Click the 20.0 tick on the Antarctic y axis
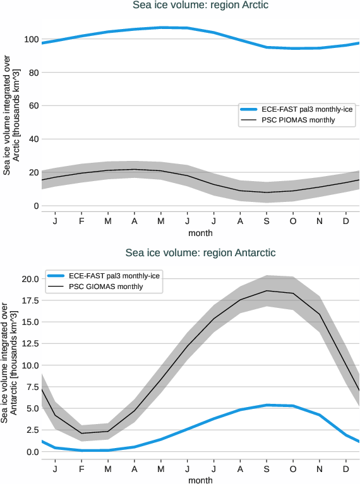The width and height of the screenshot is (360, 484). click(x=29, y=279)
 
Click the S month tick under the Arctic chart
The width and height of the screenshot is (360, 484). click(x=267, y=221)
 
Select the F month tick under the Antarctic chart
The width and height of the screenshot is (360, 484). click(x=81, y=469)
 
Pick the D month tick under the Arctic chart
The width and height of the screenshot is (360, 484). click(x=346, y=221)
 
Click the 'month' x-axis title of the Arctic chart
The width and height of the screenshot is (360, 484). click(x=200, y=233)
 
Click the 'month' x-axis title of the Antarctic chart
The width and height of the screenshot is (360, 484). click(x=200, y=480)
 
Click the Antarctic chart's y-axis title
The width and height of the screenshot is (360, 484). click(x=9, y=366)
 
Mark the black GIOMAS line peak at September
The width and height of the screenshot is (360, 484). click(x=267, y=291)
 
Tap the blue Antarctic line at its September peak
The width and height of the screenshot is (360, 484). click(x=267, y=405)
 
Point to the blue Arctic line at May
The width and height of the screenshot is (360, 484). click(x=161, y=27)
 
